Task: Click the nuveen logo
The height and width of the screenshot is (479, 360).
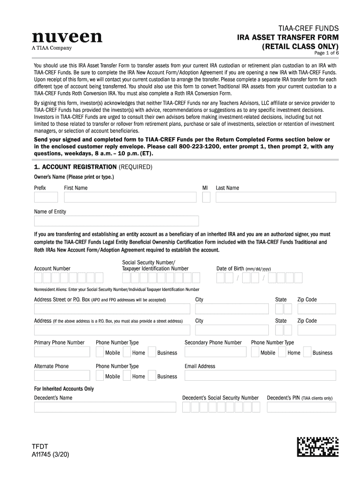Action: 67,37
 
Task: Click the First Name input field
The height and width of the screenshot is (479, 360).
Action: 130,197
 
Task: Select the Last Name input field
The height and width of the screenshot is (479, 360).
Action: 275,197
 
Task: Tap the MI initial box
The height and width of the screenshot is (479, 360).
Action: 206,197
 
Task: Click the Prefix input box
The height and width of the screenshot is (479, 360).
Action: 45,197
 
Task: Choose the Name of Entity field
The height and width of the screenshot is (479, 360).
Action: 116,221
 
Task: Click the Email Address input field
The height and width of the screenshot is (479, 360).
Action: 260,376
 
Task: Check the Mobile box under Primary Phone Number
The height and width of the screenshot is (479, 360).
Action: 100,352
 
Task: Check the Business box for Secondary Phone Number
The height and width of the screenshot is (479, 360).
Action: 307,352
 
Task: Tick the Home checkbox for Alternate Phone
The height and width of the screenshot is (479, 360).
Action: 127,376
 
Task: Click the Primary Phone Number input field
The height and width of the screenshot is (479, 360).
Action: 62,352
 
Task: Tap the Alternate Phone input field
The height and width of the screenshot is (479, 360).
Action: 62,376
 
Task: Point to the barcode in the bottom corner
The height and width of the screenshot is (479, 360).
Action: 317,446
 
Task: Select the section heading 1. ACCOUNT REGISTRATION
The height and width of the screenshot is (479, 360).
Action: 76,167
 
